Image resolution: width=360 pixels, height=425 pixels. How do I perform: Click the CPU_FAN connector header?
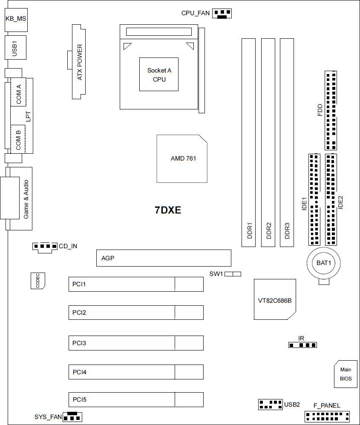[x=222, y=14]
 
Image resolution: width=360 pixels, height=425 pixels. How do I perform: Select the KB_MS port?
[x=15, y=20]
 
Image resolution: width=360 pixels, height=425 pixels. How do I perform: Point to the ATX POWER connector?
[x=79, y=62]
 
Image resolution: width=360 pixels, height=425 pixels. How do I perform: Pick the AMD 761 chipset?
[x=182, y=158]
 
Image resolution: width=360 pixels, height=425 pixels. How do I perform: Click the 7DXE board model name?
[x=168, y=210]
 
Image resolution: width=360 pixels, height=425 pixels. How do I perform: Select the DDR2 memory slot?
[x=268, y=143]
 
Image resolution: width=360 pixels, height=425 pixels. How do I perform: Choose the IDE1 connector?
[x=314, y=200]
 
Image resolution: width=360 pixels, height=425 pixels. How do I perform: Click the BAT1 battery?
[x=324, y=263]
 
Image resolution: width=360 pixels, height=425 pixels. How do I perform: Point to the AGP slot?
[x=164, y=258]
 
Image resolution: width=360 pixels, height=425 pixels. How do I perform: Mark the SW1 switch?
[x=233, y=274]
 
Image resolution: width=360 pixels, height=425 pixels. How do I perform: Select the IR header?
[x=302, y=345]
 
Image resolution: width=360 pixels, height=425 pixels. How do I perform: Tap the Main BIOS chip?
[x=346, y=374]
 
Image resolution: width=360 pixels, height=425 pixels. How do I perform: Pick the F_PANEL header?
[x=327, y=416]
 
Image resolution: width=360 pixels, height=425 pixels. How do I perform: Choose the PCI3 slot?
[x=136, y=343]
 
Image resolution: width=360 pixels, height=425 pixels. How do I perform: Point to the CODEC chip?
[x=38, y=281]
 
